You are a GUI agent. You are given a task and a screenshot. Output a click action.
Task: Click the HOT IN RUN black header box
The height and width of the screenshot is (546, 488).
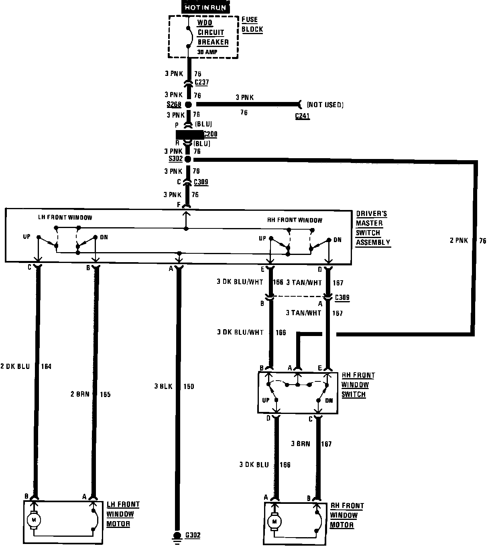(205, 7)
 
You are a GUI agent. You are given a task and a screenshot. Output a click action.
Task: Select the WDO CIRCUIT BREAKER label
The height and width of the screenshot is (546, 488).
(212, 33)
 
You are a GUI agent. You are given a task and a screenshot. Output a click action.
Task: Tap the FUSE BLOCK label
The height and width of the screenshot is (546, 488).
(252, 24)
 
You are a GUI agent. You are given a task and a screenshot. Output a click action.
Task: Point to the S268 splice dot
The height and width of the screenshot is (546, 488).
(188, 104)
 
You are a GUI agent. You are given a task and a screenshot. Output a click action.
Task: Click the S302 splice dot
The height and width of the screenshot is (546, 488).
(188, 159)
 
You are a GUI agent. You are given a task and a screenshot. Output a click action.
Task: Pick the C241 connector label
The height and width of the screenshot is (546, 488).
(302, 116)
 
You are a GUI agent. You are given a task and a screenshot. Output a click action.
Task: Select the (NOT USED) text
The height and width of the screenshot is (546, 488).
(325, 105)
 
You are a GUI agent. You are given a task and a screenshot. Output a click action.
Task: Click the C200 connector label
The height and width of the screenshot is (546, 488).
(210, 134)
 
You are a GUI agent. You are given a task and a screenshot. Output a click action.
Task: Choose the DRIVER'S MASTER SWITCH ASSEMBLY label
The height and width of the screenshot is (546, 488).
(373, 228)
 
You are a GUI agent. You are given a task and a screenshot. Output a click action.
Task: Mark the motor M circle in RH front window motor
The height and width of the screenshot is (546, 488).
(274, 522)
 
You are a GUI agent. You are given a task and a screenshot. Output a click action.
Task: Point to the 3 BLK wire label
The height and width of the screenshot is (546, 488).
(163, 387)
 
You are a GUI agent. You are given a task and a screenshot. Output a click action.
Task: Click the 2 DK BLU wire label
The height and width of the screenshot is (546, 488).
(15, 366)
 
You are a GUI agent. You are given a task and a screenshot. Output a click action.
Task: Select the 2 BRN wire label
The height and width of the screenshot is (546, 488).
(80, 394)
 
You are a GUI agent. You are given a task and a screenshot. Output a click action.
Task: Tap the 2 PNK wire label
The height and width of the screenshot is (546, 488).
(458, 241)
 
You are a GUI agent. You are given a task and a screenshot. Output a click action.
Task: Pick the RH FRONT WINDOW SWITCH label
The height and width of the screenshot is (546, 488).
(358, 385)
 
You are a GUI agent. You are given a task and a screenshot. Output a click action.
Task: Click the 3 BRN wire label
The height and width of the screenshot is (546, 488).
(301, 444)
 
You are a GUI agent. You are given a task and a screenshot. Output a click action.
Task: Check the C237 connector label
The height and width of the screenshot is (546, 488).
(201, 83)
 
